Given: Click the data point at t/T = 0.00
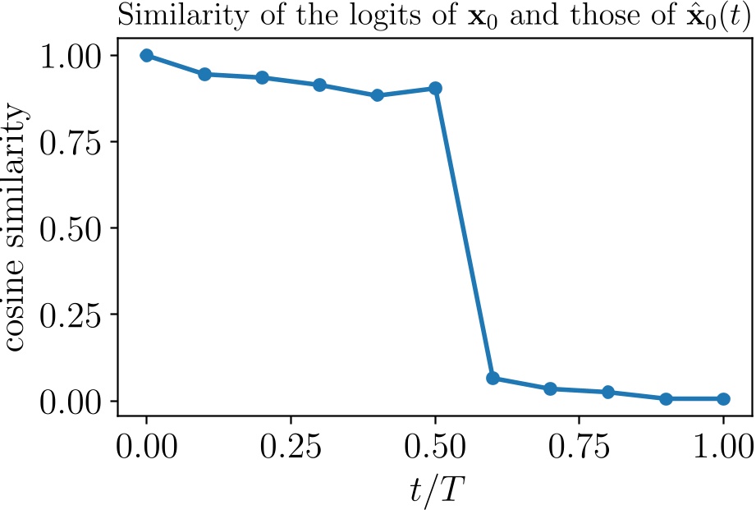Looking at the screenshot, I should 147,55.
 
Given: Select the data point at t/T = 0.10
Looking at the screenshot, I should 204,74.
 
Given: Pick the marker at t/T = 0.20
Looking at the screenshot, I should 263,77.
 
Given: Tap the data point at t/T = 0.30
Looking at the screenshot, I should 320,85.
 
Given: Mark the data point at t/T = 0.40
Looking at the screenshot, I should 378,95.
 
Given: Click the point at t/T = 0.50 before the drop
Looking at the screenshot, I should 435,88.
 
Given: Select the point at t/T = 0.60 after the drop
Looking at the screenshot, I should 493,378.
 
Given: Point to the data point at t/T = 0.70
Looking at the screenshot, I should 550,388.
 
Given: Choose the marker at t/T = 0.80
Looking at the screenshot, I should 608,392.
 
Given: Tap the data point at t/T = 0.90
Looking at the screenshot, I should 666,399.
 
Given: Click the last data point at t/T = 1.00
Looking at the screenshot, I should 723,399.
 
